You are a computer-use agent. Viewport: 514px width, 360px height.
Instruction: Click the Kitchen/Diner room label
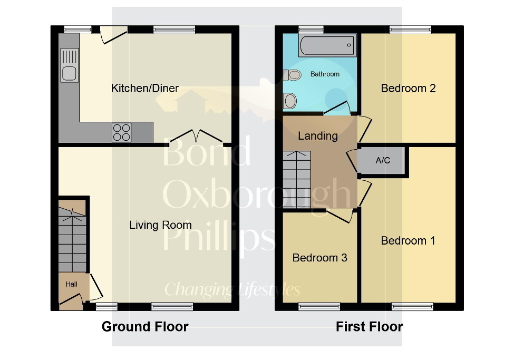[145, 88]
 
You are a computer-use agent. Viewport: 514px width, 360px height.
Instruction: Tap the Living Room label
[160, 225]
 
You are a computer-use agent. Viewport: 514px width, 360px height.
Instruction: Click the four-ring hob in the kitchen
[121, 132]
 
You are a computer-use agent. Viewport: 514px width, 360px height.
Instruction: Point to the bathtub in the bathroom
[327, 46]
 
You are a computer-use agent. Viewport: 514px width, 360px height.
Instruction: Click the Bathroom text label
[325, 74]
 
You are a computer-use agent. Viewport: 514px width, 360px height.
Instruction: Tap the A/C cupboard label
[383, 160]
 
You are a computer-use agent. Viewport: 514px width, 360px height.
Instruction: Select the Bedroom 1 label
[408, 241]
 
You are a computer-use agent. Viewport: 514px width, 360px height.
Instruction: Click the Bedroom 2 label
[408, 88]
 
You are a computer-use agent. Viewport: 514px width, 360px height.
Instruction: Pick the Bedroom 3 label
[319, 258]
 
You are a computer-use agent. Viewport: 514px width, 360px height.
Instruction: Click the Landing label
[318, 136]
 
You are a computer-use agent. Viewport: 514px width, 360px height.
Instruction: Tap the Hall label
[71, 285]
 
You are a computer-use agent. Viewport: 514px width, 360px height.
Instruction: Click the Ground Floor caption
[145, 327]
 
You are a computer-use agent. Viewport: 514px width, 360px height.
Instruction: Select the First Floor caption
[370, 327]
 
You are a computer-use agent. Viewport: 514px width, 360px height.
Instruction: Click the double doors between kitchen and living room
[196, 137]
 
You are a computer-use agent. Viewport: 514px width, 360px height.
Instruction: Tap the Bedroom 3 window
[319, 306]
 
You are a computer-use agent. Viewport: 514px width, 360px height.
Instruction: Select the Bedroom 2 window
[410, 29]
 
